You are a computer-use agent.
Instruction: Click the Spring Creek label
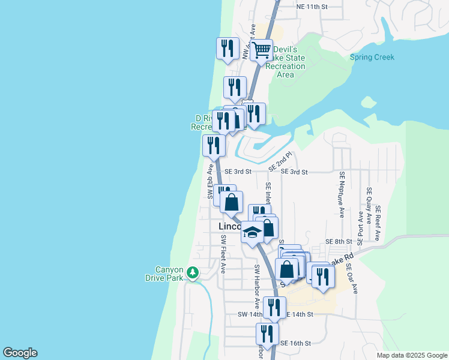tap(372, 58)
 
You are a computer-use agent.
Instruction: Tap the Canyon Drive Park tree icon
tap(192, 274)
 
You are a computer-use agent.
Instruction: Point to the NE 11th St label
tap(312, 7)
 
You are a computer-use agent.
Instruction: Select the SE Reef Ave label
tap(378, 223)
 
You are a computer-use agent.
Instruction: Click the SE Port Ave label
tap(360, 228)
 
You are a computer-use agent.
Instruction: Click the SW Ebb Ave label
tap(211, 181)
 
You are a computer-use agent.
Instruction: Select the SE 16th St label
tap(295, 344)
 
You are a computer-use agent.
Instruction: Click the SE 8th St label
tap(338, 241)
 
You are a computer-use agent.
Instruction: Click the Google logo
tap(20, 353)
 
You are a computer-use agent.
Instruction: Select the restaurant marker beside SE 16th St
tap(267, 334)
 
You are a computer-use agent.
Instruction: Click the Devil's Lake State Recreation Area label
tap(286, 62)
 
